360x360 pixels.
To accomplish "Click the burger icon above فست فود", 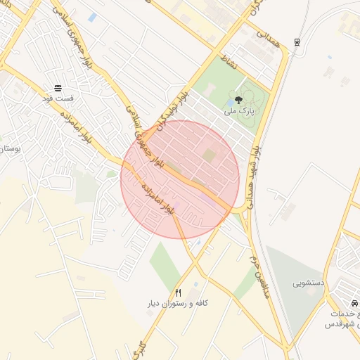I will tap(57, 88).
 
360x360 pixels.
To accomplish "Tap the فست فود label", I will tap(57, 99).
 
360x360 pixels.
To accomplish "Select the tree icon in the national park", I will tap(239, 101).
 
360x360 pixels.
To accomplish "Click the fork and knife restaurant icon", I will tap(179, 292).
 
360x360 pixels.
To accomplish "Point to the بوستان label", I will tap(8, 149).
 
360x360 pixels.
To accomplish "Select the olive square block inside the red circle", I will tap(210, 153).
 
